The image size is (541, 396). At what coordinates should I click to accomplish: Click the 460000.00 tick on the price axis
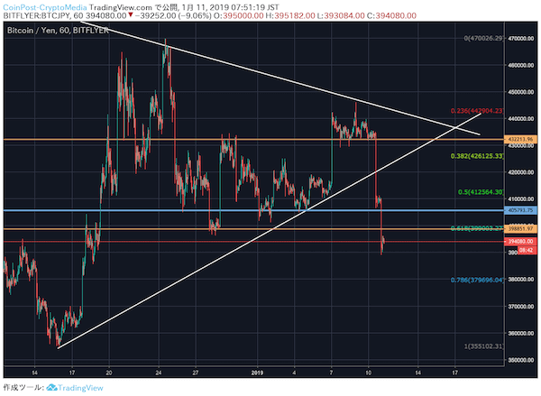tap(521, 65)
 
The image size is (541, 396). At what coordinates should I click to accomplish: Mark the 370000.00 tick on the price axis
tap(521, 307)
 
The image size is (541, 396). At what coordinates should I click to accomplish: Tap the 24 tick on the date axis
tap(158, 371)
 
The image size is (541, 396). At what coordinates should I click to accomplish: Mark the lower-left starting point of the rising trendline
tap(57, 347)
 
